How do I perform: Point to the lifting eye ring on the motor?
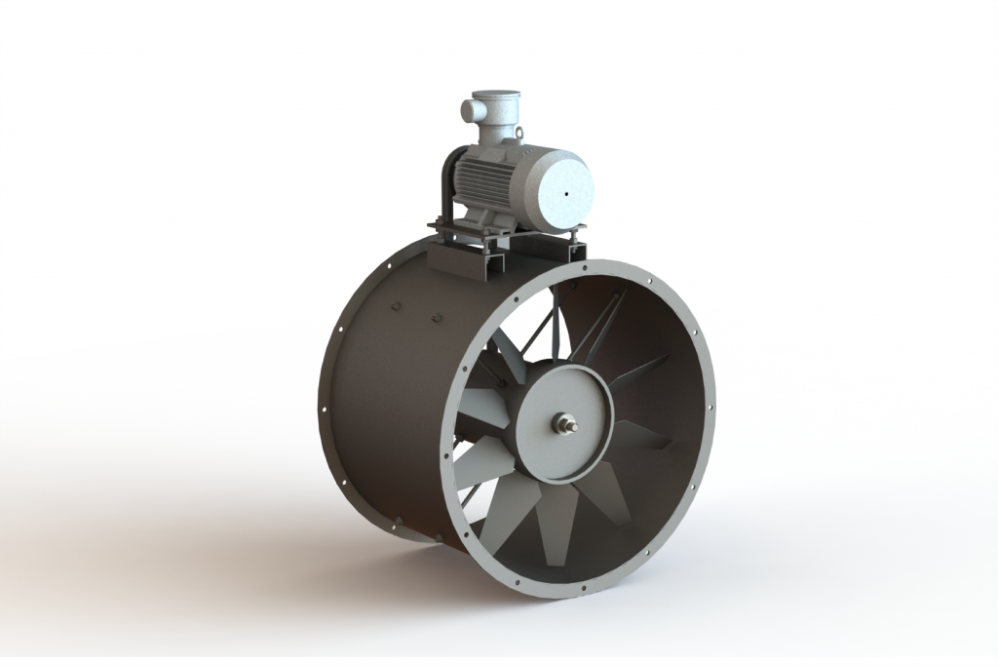tap(518, 134)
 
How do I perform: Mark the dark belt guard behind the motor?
tap(449, 185)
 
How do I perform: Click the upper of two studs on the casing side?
tap(396, 306)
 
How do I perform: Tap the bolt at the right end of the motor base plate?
tap(581, 232)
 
